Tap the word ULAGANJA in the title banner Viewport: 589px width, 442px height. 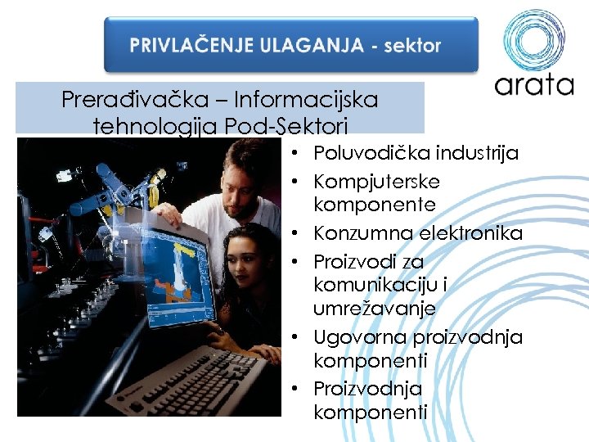coord(312,46)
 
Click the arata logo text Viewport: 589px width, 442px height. coord(534,85)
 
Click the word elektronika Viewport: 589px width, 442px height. coord(470,233)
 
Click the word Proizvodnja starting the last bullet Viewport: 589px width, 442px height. coord(367,388)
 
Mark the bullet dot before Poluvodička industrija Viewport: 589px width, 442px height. coord(302,154)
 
